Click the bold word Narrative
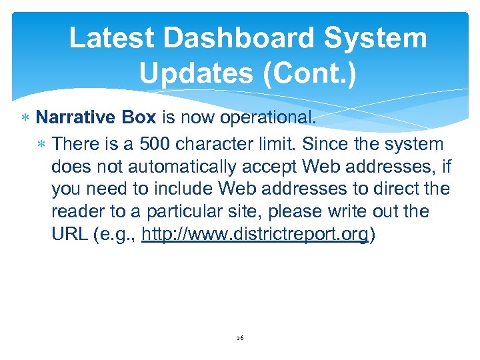[76, 118]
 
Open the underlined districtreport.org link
[255, 235]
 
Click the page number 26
[240, 338]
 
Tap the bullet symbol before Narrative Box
[25, 119]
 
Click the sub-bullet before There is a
[42, 144]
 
